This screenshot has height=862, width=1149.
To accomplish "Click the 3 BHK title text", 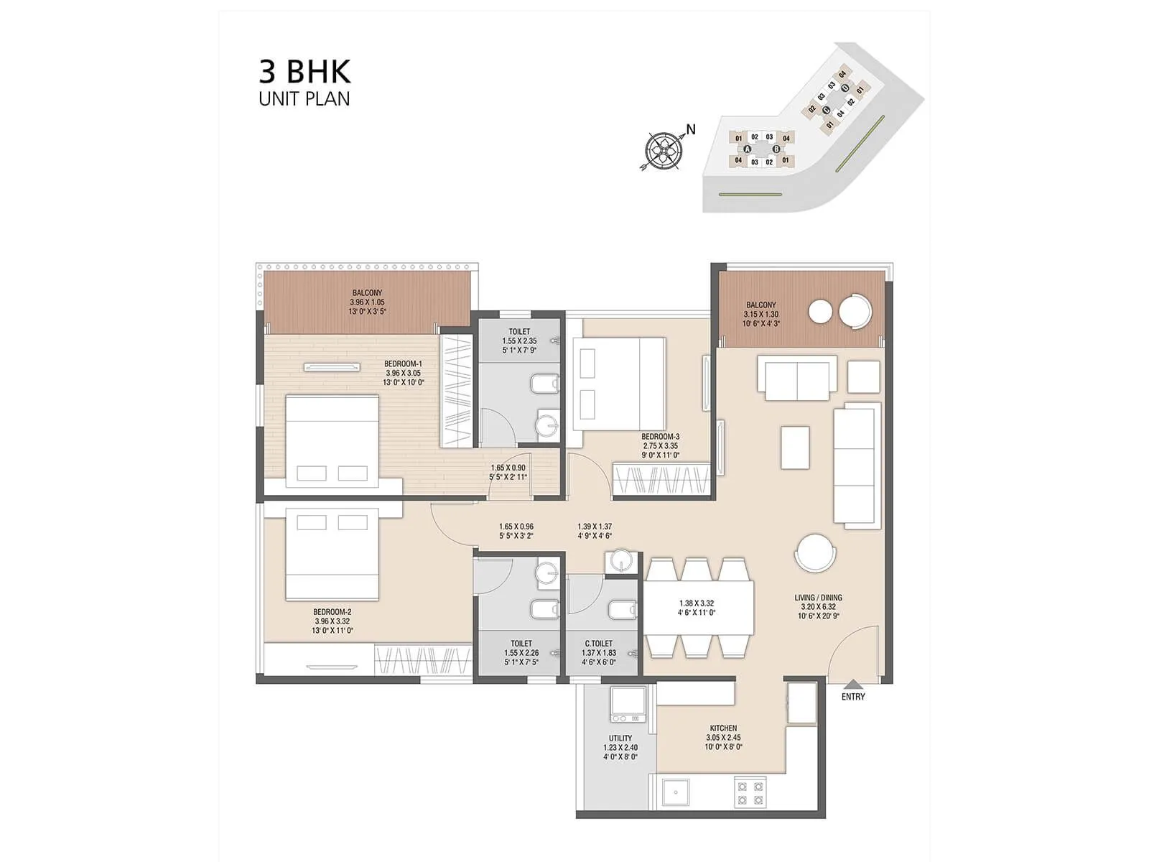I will [304, 72].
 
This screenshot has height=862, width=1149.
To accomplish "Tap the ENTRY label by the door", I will [853, 697].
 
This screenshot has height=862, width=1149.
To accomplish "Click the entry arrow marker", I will [853, 685].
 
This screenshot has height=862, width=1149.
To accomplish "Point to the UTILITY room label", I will [620, 738].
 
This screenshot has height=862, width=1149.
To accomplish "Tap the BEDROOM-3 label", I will [661, 436].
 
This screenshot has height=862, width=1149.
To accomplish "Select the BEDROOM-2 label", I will [332, 612].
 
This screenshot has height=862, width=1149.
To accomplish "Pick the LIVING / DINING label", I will [818, 597].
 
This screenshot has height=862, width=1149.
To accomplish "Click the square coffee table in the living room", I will [795, 448].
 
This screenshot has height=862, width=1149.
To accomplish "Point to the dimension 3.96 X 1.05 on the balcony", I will [367, 302].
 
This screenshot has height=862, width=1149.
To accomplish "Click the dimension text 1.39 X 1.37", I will [595, 526].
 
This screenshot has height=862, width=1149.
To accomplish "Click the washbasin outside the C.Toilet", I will [621, 562].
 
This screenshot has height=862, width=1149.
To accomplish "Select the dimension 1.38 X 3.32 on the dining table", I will [697, 603].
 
